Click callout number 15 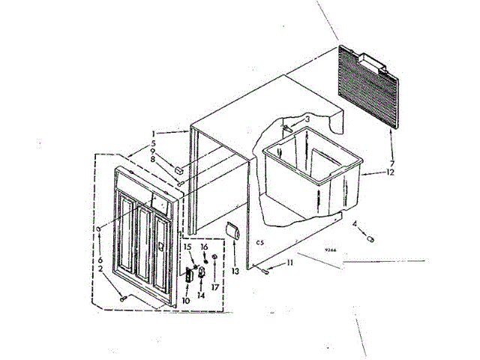tap(187, 247)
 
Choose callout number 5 tap(154, 142)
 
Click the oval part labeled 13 tap(233, 232)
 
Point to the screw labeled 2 tap(122, 298)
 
